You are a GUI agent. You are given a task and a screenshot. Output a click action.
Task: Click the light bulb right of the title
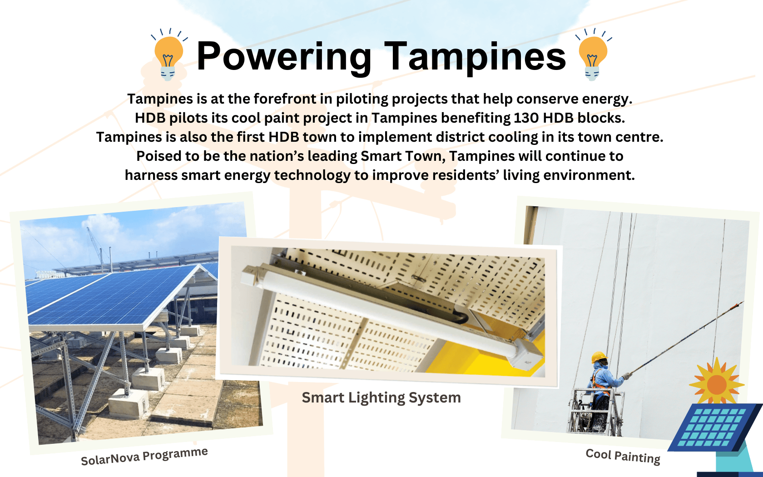click(593, 55)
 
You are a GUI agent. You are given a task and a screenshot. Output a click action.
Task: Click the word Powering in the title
click(283, 57)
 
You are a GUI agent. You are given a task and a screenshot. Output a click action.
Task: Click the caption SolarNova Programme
click(144, 456)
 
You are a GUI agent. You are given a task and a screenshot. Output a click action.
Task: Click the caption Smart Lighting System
click(381, 397)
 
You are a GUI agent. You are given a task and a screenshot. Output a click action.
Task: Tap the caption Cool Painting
click(623, 457)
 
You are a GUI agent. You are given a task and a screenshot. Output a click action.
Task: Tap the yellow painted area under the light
click(484, 358)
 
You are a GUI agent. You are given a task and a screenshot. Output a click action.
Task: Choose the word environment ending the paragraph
click(589, 175)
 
